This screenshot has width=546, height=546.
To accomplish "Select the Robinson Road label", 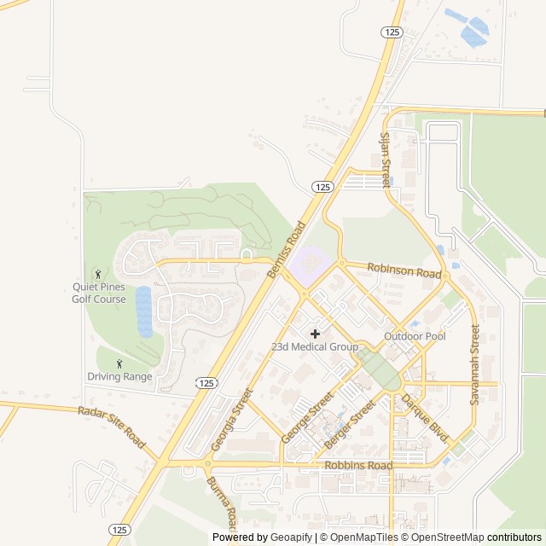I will [x=404, y=271].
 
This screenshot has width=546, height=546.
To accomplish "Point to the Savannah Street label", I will [x=475, y=364].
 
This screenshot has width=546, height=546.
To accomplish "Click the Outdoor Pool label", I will [x=415, y=336].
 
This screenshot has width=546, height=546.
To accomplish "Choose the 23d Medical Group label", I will [x=315, y=347].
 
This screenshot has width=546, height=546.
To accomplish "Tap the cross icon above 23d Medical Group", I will [x=315, y=333].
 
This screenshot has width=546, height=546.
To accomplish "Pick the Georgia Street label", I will [x=232, y=420].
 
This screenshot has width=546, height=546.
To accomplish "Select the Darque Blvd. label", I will [x=425, y=417].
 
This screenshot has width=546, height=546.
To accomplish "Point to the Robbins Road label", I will [x=358, y=466].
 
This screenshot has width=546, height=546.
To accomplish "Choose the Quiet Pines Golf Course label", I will [x=99, y=293].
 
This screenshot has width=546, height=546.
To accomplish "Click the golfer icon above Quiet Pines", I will [x=98, y=274].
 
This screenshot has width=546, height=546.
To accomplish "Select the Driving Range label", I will [x=119, y=376].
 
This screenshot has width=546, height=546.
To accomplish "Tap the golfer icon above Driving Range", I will [x=119, y=363].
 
